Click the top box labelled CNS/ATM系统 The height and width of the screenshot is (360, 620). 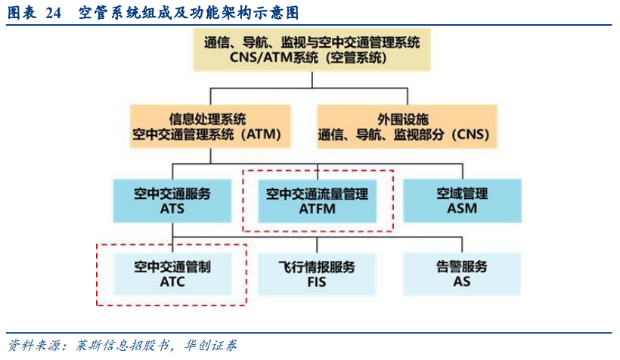312,50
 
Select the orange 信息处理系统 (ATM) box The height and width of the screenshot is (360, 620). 210,126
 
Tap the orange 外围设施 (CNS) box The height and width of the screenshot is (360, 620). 407,126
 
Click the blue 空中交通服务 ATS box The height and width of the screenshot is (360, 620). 172,201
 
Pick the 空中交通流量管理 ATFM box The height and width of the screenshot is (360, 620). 317,201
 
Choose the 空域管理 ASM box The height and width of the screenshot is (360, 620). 462,201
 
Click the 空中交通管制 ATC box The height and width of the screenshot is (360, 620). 172,274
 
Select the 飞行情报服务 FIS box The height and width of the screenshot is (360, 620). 317,274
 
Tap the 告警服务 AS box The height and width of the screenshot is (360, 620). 462,274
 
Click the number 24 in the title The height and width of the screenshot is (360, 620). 54,13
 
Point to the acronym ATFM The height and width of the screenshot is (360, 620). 317,209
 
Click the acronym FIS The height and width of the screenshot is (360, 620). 317,282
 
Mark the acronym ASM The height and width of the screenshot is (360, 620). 462,208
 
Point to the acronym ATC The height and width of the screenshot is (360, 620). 172,282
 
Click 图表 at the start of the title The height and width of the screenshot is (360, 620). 22,13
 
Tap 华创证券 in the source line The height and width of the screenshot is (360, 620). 211,346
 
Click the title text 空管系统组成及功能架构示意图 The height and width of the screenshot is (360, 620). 188,13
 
